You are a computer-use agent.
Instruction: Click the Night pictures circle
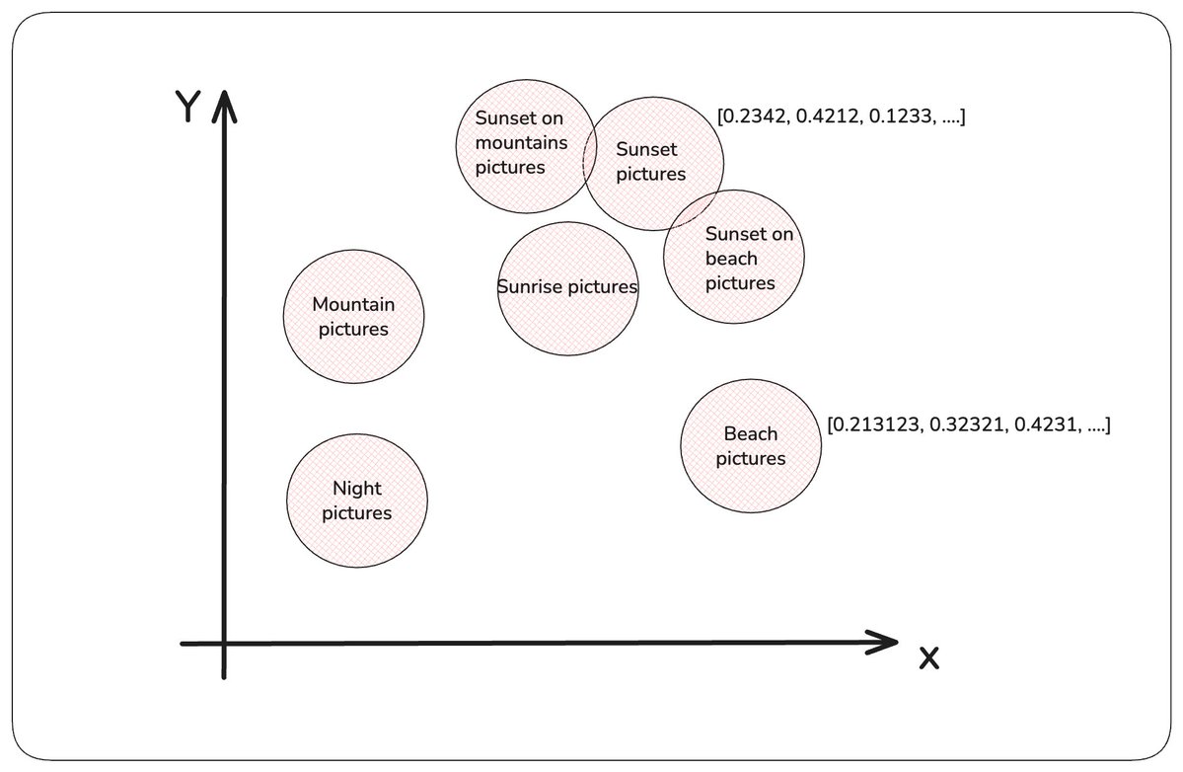click(357, 501)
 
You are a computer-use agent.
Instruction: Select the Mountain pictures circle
click(354, 316)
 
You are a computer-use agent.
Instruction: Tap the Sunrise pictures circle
click(568, 288)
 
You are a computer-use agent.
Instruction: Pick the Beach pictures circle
click(751, 446)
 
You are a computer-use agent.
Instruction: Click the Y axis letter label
click(187, 107)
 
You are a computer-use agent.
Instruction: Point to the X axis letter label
click(929, 658)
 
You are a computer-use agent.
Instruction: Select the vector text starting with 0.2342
click(842, 116)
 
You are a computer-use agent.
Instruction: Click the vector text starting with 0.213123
click(969, 425)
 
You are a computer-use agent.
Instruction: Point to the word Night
click(357, 489)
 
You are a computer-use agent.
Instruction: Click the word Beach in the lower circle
click(751, 434)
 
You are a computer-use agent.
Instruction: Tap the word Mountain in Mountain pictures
click(353, 304)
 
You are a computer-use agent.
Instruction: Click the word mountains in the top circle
click(521, 142)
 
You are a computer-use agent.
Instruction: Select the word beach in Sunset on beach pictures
click(731, 258)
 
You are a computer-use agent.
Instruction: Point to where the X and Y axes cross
click(224, 643)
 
